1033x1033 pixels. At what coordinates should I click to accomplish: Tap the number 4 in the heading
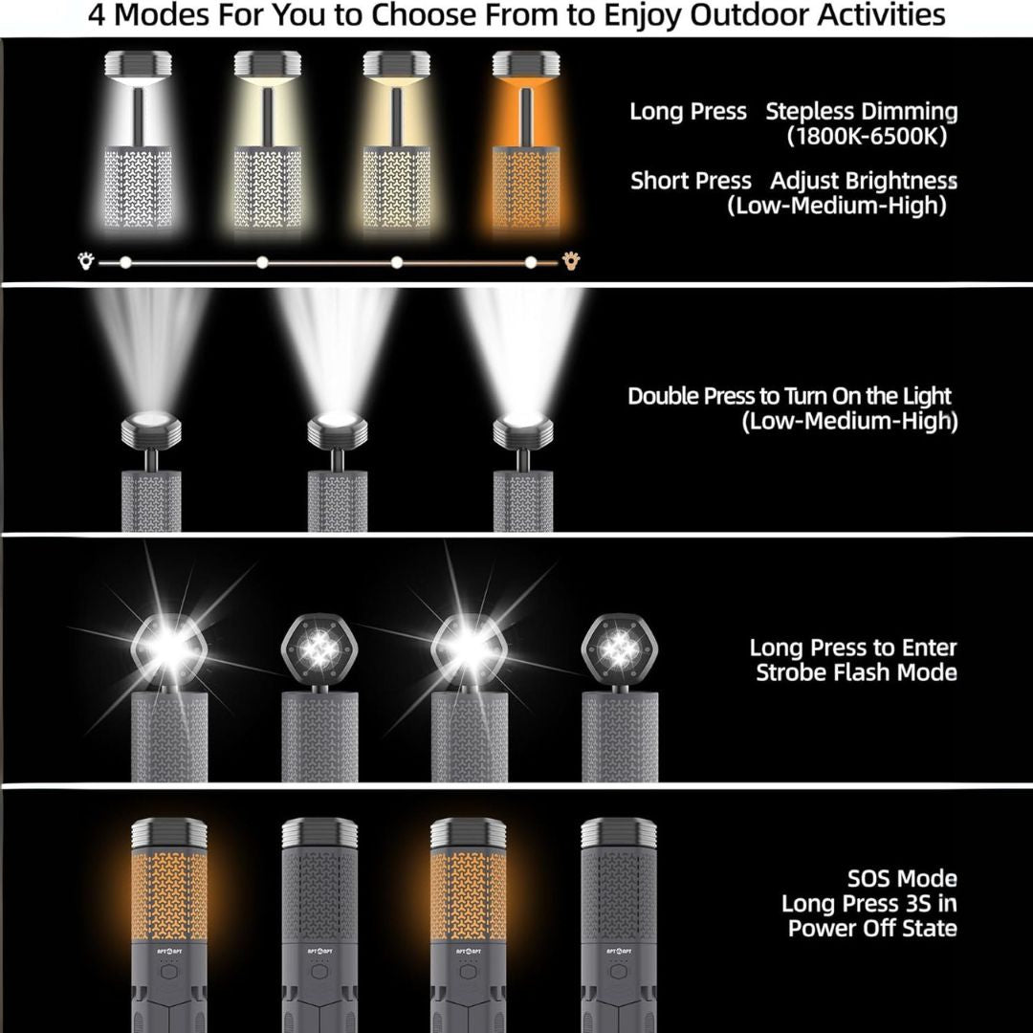(x=99, y=16)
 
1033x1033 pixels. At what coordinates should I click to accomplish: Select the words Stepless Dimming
(x=861, y=111)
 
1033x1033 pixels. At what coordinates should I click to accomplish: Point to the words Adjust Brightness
(x=864, y=181)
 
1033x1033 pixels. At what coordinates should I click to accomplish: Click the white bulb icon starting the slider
(x=86, y=260)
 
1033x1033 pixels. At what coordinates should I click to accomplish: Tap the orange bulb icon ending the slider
(x=572, y=260)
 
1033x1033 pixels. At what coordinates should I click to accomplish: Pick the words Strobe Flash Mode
(x=856, y=672)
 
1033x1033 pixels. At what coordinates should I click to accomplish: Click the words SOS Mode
(x=902, y=878)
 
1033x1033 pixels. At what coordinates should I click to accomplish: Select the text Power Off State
(x=872, y=928)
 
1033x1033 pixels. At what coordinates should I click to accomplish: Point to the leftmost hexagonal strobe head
(x=168, y=649)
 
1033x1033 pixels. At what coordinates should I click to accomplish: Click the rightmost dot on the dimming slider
(x=531, y=261)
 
